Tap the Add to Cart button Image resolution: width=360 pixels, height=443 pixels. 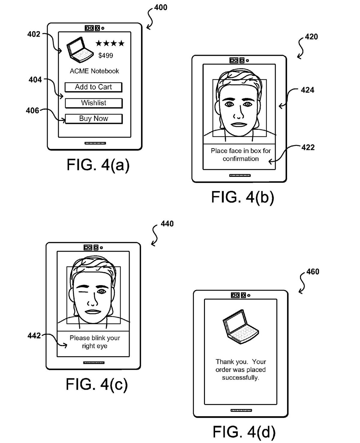[x=93, y=87]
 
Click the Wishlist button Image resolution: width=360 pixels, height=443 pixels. [x=94, y=103]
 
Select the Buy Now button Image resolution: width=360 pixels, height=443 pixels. [x=94, y=118]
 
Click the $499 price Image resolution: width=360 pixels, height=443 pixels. [x=106, y=55]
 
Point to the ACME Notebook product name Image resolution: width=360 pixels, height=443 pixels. [x=94, y=71]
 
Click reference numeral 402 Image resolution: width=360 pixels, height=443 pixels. [x=34, y=34]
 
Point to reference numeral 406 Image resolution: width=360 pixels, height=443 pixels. [x=32, y=111]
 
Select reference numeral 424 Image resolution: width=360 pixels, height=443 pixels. [x=307, y=90]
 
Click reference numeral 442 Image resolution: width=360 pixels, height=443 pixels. [x=34, y=336]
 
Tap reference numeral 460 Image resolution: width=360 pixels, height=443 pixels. [x=313, y=272]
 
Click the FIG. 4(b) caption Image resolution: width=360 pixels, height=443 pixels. [x=242, y=197]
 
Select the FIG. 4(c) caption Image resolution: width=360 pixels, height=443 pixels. [x=97, y=384]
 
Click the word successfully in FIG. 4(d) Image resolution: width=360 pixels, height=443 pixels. [x=240, y=378]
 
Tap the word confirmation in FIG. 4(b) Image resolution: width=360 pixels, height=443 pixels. [x=241, y=159]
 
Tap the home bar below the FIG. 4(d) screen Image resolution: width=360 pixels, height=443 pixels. [x=241, y=410]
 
